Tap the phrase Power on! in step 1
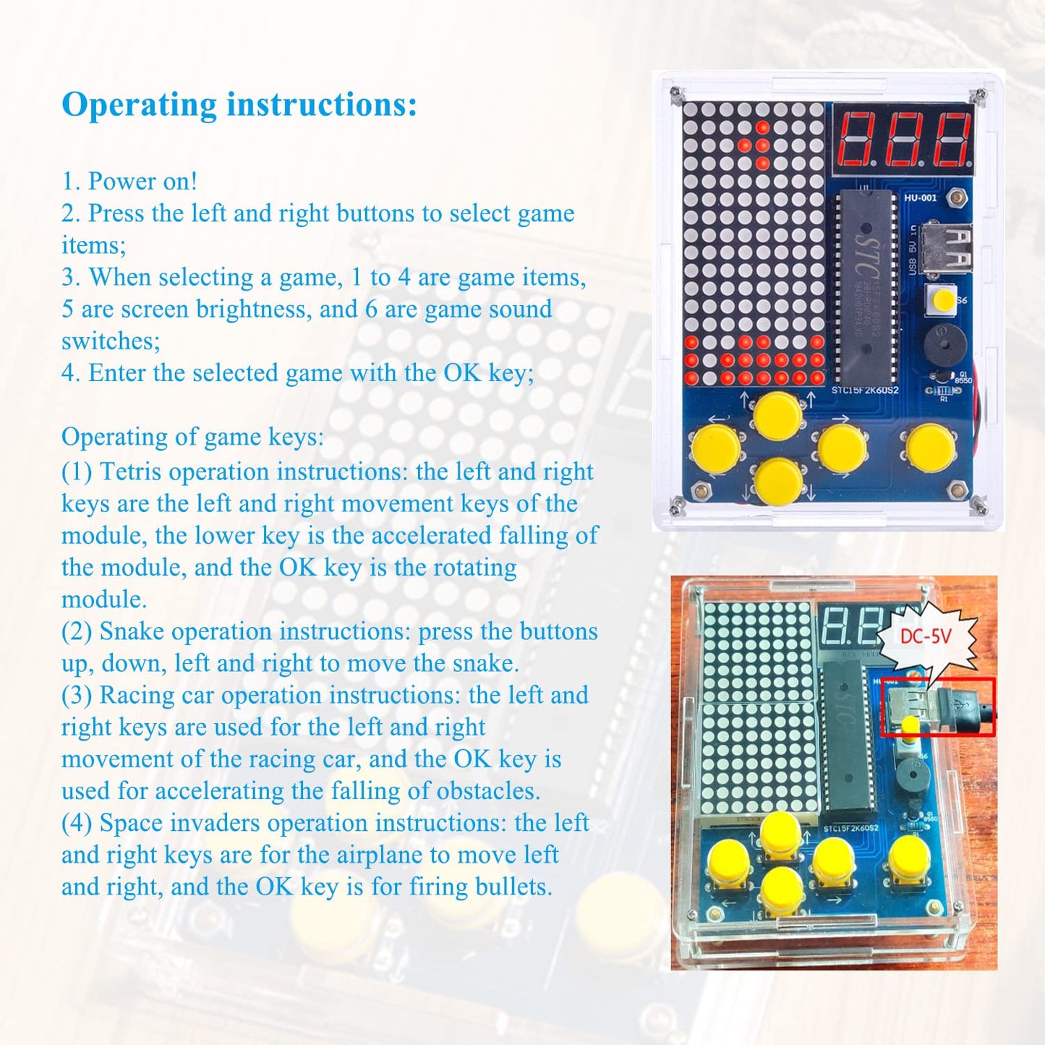pyautogui.click(x=142, y=181)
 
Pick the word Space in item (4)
pyautogui.click(x=131, y=823)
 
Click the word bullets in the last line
pyautogui.click(x=513, y=887)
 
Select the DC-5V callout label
pyautogui.click(x=926, y=637)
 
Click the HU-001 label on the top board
pyautogui.click(x=920, y=197)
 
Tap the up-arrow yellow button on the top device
pyautogui.click(x=777, y=415)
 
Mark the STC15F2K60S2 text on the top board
pyautogui.click(x=865, y=391)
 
